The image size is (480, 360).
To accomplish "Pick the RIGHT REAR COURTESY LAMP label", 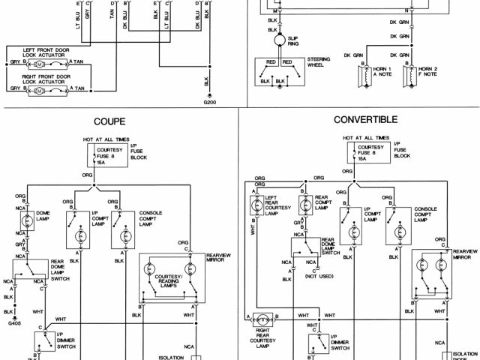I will pyautogui.click(x=263, y=335).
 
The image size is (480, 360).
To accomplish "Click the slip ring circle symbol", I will pyautogui.click(x=280, y=39).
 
